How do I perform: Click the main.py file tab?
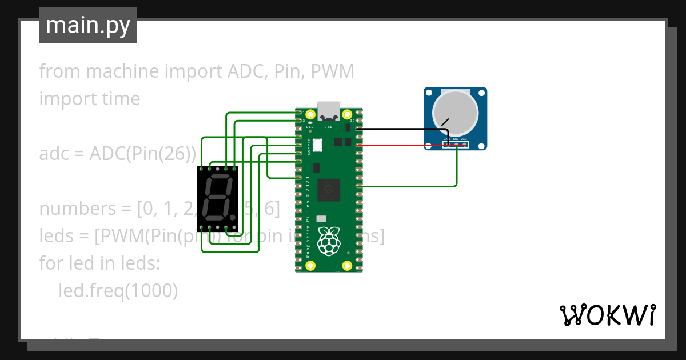pos(88,25)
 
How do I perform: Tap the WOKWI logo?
pos(607,315)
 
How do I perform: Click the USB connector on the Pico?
pos(329,110)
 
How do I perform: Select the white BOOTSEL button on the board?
pos(318,145)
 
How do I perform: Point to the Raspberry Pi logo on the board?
pos(329,241)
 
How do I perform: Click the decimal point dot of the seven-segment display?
pos(233,218)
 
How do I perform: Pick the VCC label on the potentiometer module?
pos(464,139)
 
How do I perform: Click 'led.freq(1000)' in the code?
pos(118,291)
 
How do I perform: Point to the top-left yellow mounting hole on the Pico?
pos(310,114)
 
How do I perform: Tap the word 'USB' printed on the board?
pos(329,126)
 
